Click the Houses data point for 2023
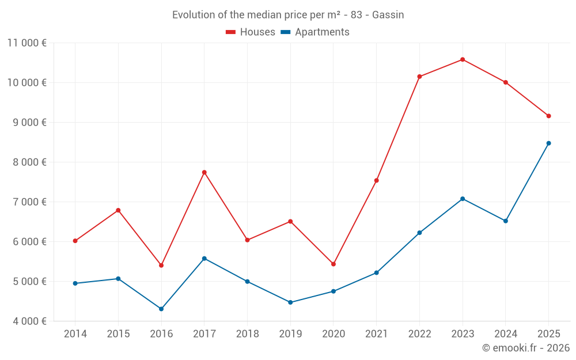(463, 59)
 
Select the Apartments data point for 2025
(548, 143)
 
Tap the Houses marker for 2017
(204, 172)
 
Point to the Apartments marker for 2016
(161, 309)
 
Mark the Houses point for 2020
(334, 264)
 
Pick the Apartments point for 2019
(290, 302)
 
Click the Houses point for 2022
(419, 77)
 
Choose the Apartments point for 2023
(463, 199)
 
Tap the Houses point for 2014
(75, 241)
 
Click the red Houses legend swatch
(231, 32)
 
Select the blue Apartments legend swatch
(286, 32)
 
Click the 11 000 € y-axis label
(27, 43)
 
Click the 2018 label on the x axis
(247, 334)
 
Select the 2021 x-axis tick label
(376, 334)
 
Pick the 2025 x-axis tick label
(548, 334)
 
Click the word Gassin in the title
(388, 15)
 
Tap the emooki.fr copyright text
(526, 348)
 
